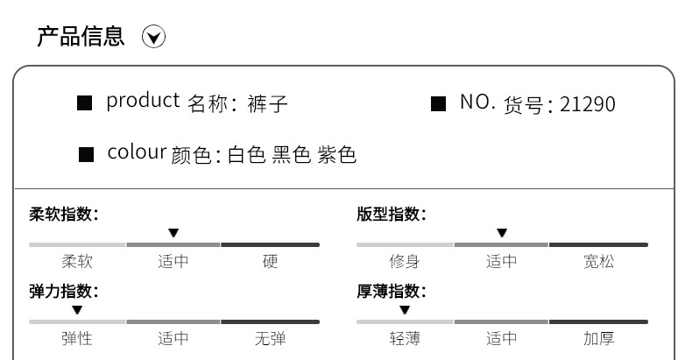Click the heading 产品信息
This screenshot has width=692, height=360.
tap(81, 37)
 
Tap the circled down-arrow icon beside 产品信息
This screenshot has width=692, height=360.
tap(154, 38)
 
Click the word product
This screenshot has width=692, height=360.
tap(143, 102)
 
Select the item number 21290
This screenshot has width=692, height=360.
tap(587, 104)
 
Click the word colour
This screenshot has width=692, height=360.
tap(137, 152)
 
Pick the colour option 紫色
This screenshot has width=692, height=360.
tap(336, 155)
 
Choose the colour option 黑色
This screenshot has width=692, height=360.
tap(291, 155)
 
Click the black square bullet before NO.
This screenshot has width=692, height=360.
tap(439, 104)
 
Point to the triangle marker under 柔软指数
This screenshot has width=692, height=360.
tap(173, 233)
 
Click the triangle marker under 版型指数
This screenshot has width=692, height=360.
tap(501, 233)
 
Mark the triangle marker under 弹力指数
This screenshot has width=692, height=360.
tap(77, 310)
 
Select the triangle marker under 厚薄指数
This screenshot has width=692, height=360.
tap(405, 310)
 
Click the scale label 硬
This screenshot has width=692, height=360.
tap(270, 261)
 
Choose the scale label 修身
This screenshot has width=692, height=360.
tap(405, 261)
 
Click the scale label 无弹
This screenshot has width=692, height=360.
tap(270, 338)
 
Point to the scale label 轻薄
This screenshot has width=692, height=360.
tap(405, 338)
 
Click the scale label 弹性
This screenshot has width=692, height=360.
tap(77, 338)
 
